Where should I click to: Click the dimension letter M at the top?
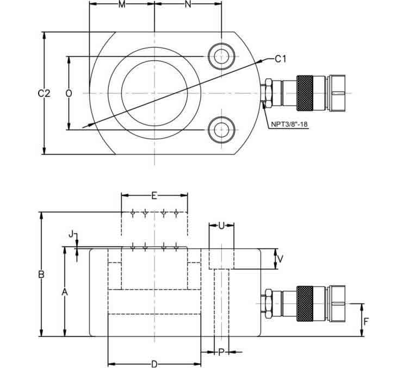(x=122, y=5)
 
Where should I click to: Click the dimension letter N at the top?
(x=188, y=5)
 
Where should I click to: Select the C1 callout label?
(x=280, y=59)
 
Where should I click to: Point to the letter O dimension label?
(x=69, y=93)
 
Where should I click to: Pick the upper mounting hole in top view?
(x=221, y=56)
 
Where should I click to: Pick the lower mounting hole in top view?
(x=221, y=130)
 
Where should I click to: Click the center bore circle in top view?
(x=154, y=93)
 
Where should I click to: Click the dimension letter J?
(x=71, y=234)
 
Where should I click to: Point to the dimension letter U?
(x=221, y=224)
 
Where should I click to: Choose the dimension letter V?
(x=281, y=259)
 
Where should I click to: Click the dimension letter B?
(x=41, y=275)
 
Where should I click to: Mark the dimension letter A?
(x=64, y=292)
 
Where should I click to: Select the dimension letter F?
(x=366, y=321)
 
